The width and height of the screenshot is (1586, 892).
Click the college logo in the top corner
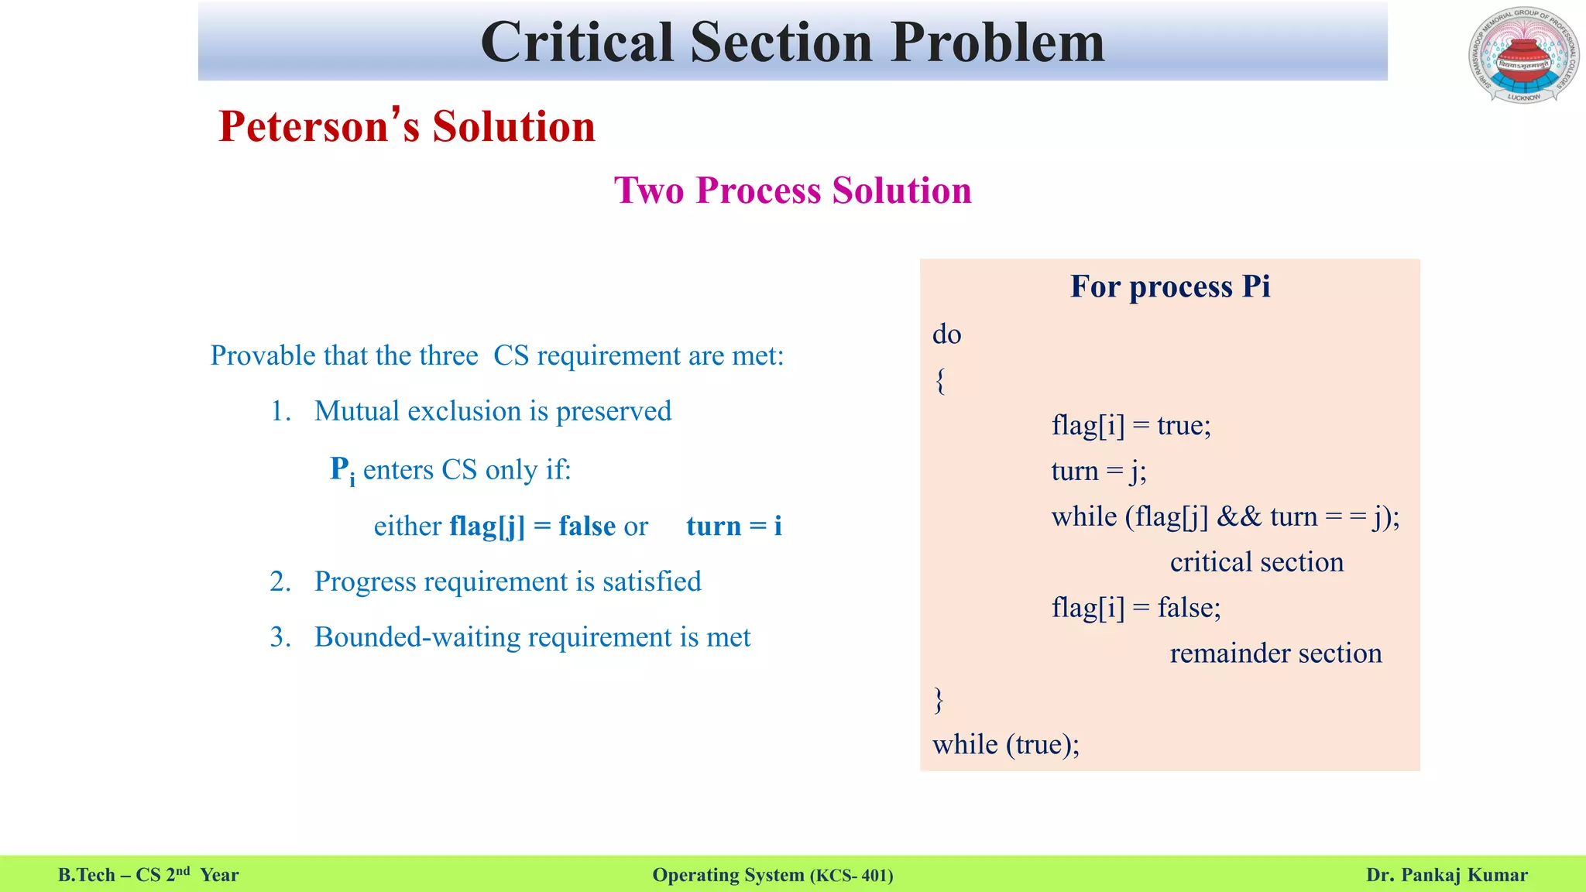[1523, 55]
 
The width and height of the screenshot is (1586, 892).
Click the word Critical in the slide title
[576, 42]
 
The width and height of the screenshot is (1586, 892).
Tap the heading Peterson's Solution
[407, 126]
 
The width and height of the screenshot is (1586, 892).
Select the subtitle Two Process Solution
[792, 190]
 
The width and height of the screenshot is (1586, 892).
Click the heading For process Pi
[1169, 286]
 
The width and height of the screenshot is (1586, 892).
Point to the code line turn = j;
[1098, 471]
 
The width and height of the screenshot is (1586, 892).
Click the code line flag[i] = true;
[1131, 425]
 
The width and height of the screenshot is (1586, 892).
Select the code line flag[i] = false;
[1135, 607]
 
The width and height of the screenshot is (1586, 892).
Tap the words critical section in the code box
[1256, 562]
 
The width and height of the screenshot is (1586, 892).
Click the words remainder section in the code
[1275, 653]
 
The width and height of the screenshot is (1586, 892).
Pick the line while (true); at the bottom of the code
[1005, 745]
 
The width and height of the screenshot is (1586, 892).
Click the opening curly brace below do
[940, 380]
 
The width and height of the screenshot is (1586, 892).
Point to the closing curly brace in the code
[939, 699]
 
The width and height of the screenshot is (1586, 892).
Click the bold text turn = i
[733, 527]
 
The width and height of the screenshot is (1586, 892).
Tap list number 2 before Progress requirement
[280, 582]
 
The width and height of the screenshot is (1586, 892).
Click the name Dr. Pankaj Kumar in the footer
[1446, 875]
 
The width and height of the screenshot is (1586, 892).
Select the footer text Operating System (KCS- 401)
[772, 875]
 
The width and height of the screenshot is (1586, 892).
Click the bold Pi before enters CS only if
[342, 470]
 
